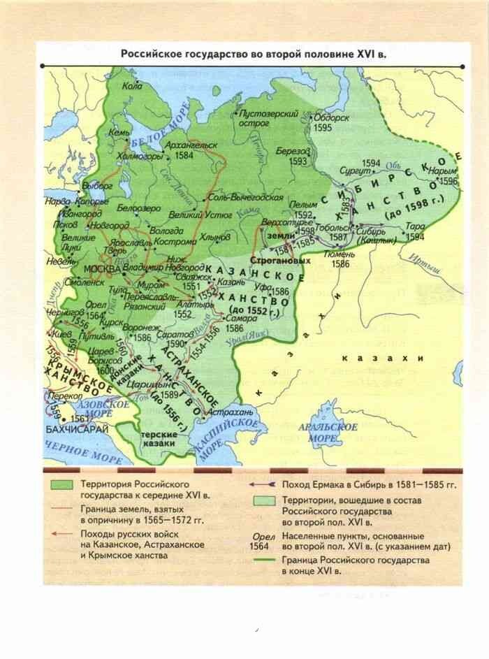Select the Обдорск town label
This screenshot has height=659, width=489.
pos(330,118)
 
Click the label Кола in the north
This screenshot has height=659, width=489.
pos(131,87)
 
